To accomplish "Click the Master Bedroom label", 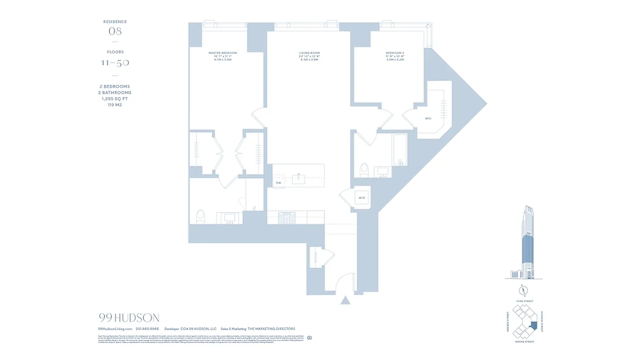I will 223,53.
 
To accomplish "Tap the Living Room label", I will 309,53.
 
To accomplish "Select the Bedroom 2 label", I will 395,53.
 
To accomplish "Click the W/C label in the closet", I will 428,118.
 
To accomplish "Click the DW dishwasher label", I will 278,183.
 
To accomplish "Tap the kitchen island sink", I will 299,179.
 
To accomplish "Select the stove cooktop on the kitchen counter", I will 286,218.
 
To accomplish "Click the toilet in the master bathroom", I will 201,216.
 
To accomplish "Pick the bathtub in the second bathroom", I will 400,149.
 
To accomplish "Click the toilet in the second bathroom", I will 364,170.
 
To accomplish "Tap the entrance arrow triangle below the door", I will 345,300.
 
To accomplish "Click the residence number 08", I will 115,31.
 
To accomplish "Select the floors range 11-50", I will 115,63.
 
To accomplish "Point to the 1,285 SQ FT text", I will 115,99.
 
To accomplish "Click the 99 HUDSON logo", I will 129,318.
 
